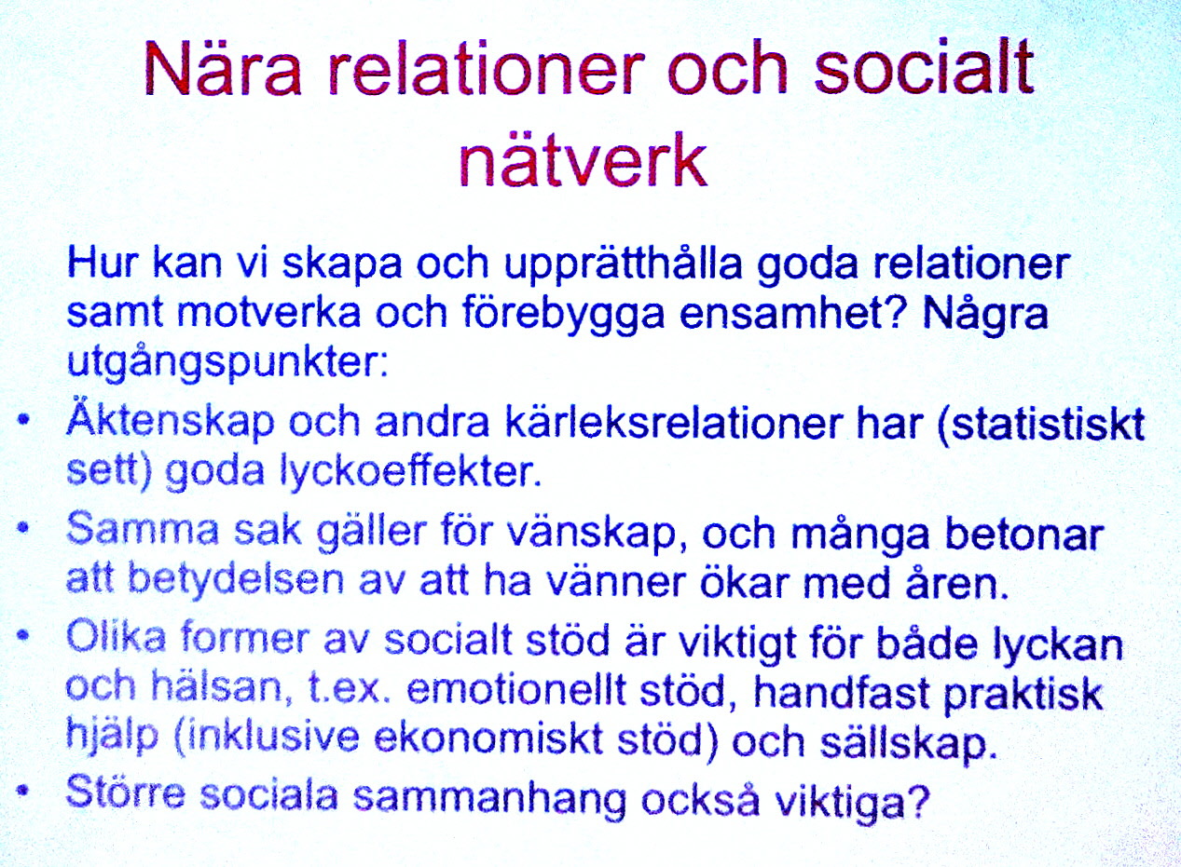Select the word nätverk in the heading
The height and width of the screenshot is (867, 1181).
583,158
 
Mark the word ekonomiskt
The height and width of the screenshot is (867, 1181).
488,739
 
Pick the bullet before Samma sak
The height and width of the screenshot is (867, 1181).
22,528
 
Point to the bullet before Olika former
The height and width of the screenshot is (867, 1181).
22,635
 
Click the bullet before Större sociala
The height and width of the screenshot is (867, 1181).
22,792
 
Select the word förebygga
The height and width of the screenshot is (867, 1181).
563,315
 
